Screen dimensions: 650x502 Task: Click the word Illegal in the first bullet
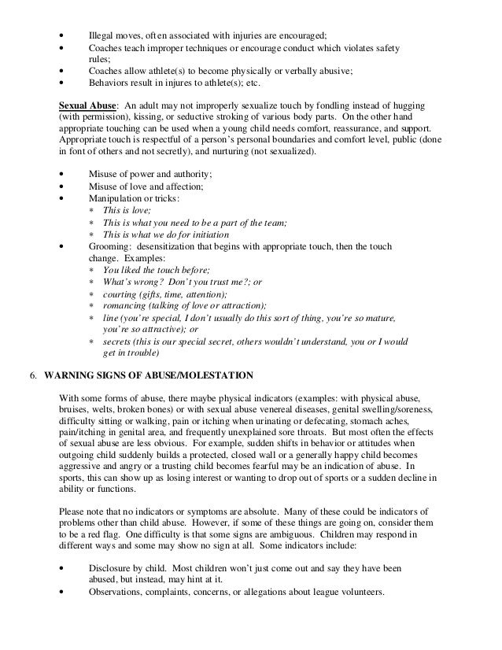click(100, 34)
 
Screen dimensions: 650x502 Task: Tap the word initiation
click(207, 235)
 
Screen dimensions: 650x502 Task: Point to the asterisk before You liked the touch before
click(92, 270)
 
